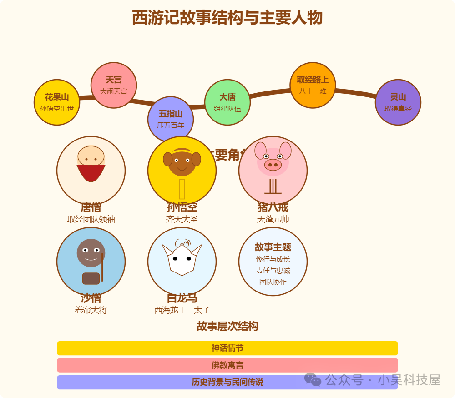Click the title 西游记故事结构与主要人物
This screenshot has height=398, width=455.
pyautogui.click(x=227, y=18)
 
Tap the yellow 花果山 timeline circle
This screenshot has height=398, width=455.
pyautogui.click(x=57, y=102)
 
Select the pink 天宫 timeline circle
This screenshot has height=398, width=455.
pyautogui.click(x=114, y=85)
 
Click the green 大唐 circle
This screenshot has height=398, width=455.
pyautogui.click(x=227, y=102)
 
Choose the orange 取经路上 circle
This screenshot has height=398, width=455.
pyautogui.click(x=313, y=85)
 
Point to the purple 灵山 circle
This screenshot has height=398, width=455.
pyautogui.click(x=398, y=102)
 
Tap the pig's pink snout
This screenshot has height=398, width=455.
pyautogui.click(x=273, y=165)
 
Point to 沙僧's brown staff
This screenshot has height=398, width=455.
pyautogui.click(x=102, y=268)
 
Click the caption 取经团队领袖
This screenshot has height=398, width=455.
pyautogui.click(x=91, y=219)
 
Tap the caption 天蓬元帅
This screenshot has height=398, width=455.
pyautogui.click(x=273, y=219)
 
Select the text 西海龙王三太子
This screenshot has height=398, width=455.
pyautogui.click(x=182, y=310)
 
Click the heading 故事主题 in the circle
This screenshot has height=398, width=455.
pyautogui.click(x=273, y=247)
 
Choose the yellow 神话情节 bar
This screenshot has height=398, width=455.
pyautogui.click(x=227, y=348)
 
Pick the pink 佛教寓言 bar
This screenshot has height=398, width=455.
pyautogui.click(x=227, y=365)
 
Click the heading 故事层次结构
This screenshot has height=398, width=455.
pyautogui.click(x=227, y=326)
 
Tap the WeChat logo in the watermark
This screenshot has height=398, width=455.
pyautogui.click(x=313, y=380)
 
